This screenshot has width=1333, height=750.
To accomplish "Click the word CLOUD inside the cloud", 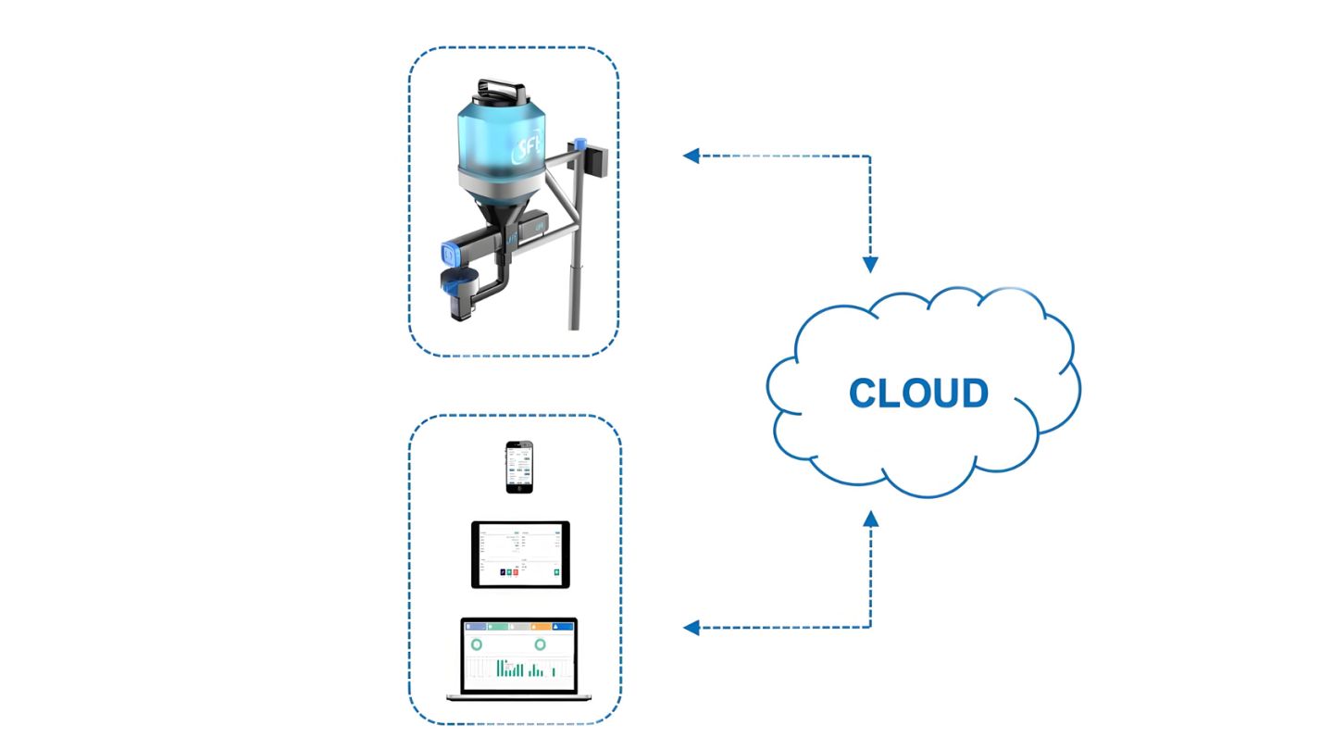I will [918, 393].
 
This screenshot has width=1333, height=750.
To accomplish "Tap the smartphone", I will [519, 468].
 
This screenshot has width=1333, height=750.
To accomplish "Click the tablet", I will [520, 555].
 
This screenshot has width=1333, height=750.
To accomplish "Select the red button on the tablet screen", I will [516, 574].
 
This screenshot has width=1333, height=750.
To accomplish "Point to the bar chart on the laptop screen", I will [518, 668].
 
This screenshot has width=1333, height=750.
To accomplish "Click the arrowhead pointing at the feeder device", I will [690, 156].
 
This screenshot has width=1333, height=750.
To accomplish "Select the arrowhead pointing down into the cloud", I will [870, 265].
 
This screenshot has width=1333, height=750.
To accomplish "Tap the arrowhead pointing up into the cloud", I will [870, 519].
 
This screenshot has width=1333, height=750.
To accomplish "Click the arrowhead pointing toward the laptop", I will [690, 628].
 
